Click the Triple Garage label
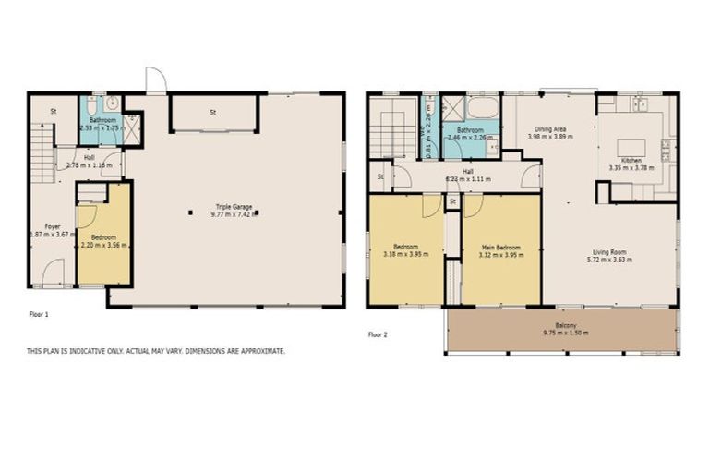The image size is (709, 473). click(x=225, y=207)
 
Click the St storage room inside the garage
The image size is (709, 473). click(x=211, y=114)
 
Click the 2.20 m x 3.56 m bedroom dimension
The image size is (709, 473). click(x=103, y=245)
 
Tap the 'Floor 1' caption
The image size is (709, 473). click(x=39, y=314)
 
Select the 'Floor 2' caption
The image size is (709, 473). click(x=378, y=334)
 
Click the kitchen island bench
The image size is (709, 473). click(x=630, y=149)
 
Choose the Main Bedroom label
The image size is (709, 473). click(x=500, y=247)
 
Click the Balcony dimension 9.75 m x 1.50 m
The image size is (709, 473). click(x=565, y=333)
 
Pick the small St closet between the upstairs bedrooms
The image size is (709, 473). click(x=452, y=200)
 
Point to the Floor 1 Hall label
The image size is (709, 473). click(x=89, y=158)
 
